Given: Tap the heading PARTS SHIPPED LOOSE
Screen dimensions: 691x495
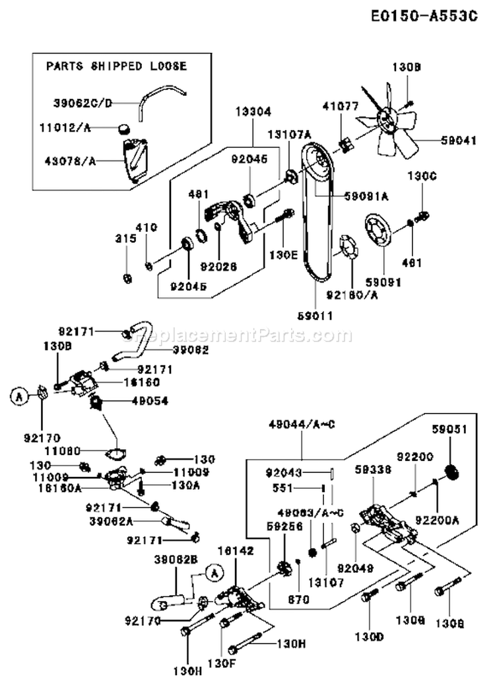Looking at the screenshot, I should point(116,66).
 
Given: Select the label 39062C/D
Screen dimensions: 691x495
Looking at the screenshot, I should point(83,102).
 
